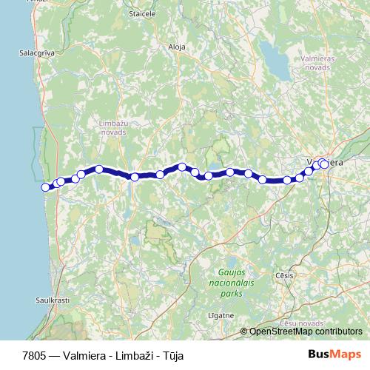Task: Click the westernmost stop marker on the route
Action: point(46,187)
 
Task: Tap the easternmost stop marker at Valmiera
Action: point(323,164)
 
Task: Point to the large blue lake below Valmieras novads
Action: point(280,68)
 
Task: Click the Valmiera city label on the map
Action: point(326,161)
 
